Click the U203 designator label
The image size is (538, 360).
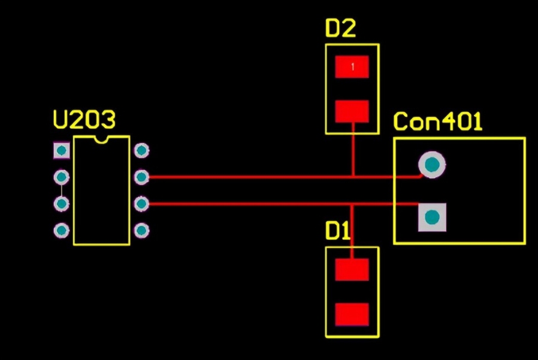click(84, 120)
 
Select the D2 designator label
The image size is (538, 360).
click(340, 29)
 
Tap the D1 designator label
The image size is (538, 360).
click(337, 231)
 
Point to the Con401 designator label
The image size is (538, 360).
click(438, 122)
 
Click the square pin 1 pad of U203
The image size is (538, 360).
click(61, 150)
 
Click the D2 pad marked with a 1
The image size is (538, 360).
click(352, 66)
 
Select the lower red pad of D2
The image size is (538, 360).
click(352, 111)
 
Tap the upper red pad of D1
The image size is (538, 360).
click(352, 270)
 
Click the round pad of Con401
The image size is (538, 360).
click(432, 165)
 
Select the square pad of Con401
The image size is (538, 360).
click(432, 217)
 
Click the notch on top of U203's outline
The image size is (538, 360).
click(101, 140)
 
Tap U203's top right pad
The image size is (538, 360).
click(142, 150)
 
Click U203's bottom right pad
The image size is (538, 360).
click(142, 230)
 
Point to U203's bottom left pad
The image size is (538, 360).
click(61, 230)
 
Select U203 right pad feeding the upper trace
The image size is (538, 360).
click(142, 177)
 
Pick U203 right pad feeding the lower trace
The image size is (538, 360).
click(142, 204)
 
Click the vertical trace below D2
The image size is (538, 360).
click(353, 150)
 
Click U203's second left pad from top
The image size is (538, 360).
click(61, 177)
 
